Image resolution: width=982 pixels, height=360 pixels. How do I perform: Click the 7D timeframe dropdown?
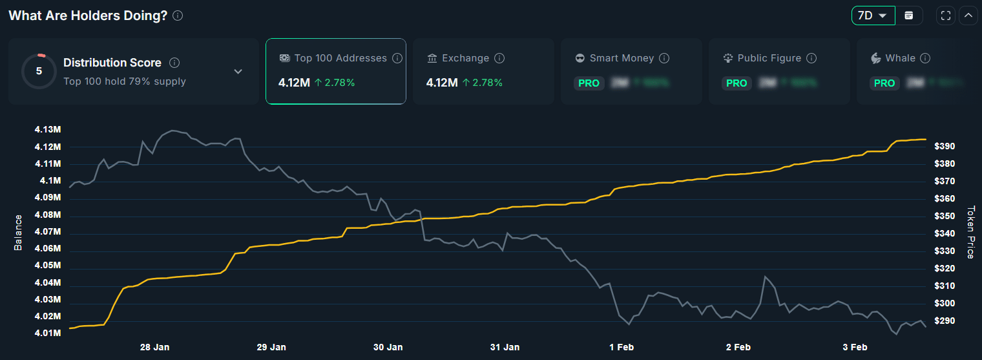[x=873, y=16]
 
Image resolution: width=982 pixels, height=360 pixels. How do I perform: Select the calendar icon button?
[x=909, y=16]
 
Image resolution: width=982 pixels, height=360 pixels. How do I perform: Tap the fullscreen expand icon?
[x=945, y=16]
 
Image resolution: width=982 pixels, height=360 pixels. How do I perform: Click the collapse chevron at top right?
[x=968, y=16]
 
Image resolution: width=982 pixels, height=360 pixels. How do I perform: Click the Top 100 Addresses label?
[x=340, y=58]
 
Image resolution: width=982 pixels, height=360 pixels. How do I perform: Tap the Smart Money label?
[x=622, y=58]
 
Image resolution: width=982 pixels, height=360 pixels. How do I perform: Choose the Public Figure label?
[x=769, y=58]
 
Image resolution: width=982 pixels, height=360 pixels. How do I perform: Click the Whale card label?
[x=900, y=58]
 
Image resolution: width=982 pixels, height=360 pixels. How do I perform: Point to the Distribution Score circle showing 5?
[x=39, y=71]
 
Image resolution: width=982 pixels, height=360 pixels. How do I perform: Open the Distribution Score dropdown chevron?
[x=238, y=71]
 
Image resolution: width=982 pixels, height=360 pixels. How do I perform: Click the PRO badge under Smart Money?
[x=589, y=83]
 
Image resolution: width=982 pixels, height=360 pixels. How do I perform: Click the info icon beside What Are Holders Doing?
[x=178, y=16]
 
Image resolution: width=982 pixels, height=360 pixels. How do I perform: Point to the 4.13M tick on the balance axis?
[x=48, y=130]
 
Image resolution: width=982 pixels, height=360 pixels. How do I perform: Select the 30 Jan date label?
[x=388, y=347]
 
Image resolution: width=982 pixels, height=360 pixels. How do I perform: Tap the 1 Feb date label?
[x=622, y=347]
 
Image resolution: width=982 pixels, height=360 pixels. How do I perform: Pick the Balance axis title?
[x=18, y=232]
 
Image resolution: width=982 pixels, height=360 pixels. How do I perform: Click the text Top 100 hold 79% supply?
[x=125, y=81]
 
